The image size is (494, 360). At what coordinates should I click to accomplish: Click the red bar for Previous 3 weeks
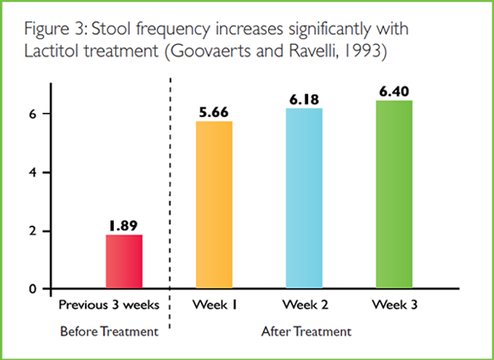[x=124, y=262]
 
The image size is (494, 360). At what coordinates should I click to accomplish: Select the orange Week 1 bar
[x=214, y=205]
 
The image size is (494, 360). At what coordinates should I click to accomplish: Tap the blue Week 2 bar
[x=304, y=198]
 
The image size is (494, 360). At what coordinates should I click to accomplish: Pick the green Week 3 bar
[x=394, y=194]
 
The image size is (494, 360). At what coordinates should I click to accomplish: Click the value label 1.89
[x=124, y=226]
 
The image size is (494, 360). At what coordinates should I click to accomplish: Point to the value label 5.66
[x=214, y=112]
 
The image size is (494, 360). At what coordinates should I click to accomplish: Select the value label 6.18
[x=304, y=99]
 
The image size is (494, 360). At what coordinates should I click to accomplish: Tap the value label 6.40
[x=394, y=92]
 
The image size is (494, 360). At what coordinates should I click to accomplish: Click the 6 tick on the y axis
[x=33, y=114]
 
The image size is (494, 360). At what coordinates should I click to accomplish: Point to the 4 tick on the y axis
[x=33, y=172]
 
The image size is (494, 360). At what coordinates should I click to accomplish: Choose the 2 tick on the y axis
[x=33, y=231]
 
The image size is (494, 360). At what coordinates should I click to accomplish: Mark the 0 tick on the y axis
[x=33, y=289]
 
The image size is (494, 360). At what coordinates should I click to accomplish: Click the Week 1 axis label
[x=215, y=305]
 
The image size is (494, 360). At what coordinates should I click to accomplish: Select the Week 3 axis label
[x=395, y=305]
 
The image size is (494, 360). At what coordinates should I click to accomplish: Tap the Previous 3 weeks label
[x=109, y=305]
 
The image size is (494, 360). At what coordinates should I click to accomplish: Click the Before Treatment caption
[x=109, y=332]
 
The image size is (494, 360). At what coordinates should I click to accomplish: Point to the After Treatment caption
[x=306, y=332]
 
